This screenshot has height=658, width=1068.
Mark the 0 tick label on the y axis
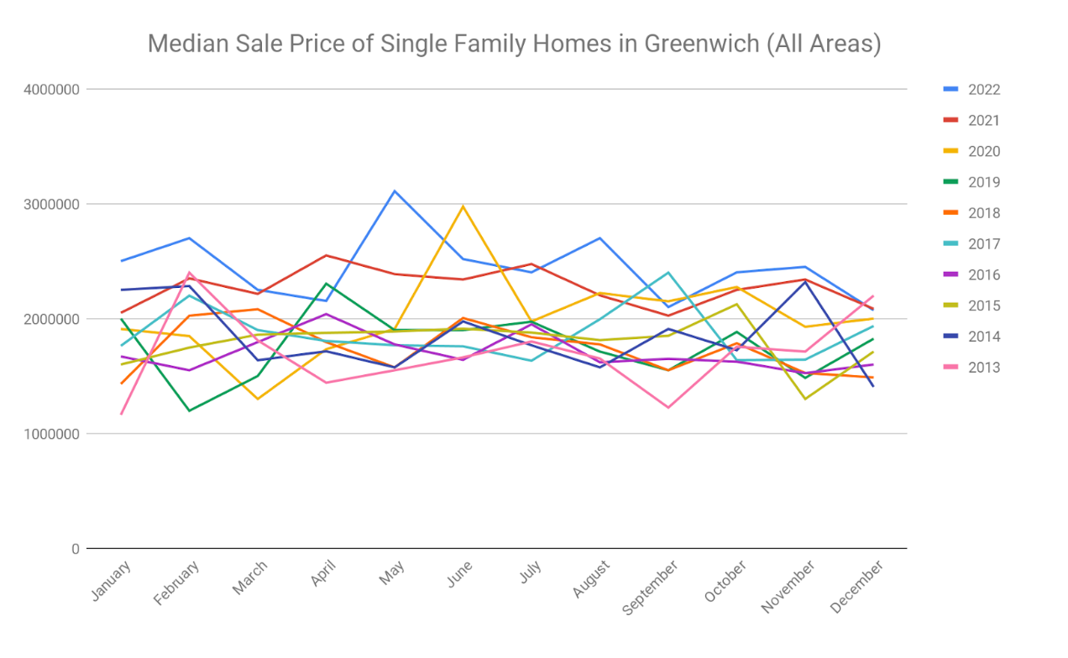[x=75, y=549]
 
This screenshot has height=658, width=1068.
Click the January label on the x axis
[x=111, y=581]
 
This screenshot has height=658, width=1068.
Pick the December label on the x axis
[x=856, y=587]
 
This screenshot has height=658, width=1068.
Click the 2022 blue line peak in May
[x=395, y=191]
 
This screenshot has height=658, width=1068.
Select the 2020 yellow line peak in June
[x=463, y=206]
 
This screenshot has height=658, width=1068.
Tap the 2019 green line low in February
[x=189, y=410]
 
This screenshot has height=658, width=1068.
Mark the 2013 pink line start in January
[x=121, y=414]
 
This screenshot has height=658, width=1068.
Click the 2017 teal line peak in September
[x=668, y=272]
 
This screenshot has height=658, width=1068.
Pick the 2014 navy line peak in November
[x=805, y=281]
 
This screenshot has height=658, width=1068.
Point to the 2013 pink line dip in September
[x=668, y=407]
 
